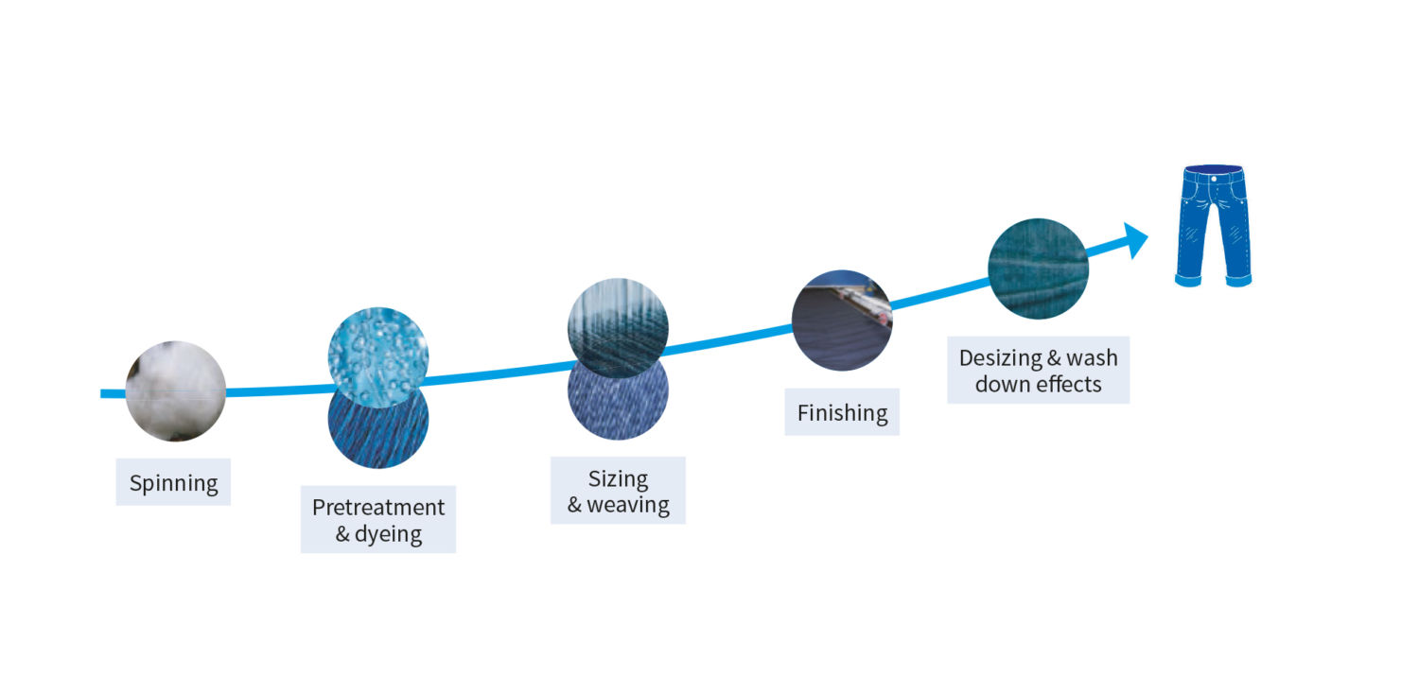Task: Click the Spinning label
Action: [x=173, y=483]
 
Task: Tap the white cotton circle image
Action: [x=175, y=391]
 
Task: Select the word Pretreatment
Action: [x=378, y=507]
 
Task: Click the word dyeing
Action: [x=388, y=534]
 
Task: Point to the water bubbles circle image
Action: [x=378, y=357]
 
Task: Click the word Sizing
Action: [x=619, y=479]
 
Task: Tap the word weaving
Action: [x=628, y=505]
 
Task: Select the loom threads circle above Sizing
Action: [x=618, y=328]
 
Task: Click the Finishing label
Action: [x=842, y=412]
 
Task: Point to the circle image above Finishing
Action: [x=842, y=321]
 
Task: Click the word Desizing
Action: [x=1000, y=358]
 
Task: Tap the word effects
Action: [x=1070, y=384]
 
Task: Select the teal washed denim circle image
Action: [x=1039, y=269]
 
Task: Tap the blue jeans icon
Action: [x=1213, y=226]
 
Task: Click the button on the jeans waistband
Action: [x=1214, y=179]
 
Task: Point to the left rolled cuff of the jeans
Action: [x=1188, y=280]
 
